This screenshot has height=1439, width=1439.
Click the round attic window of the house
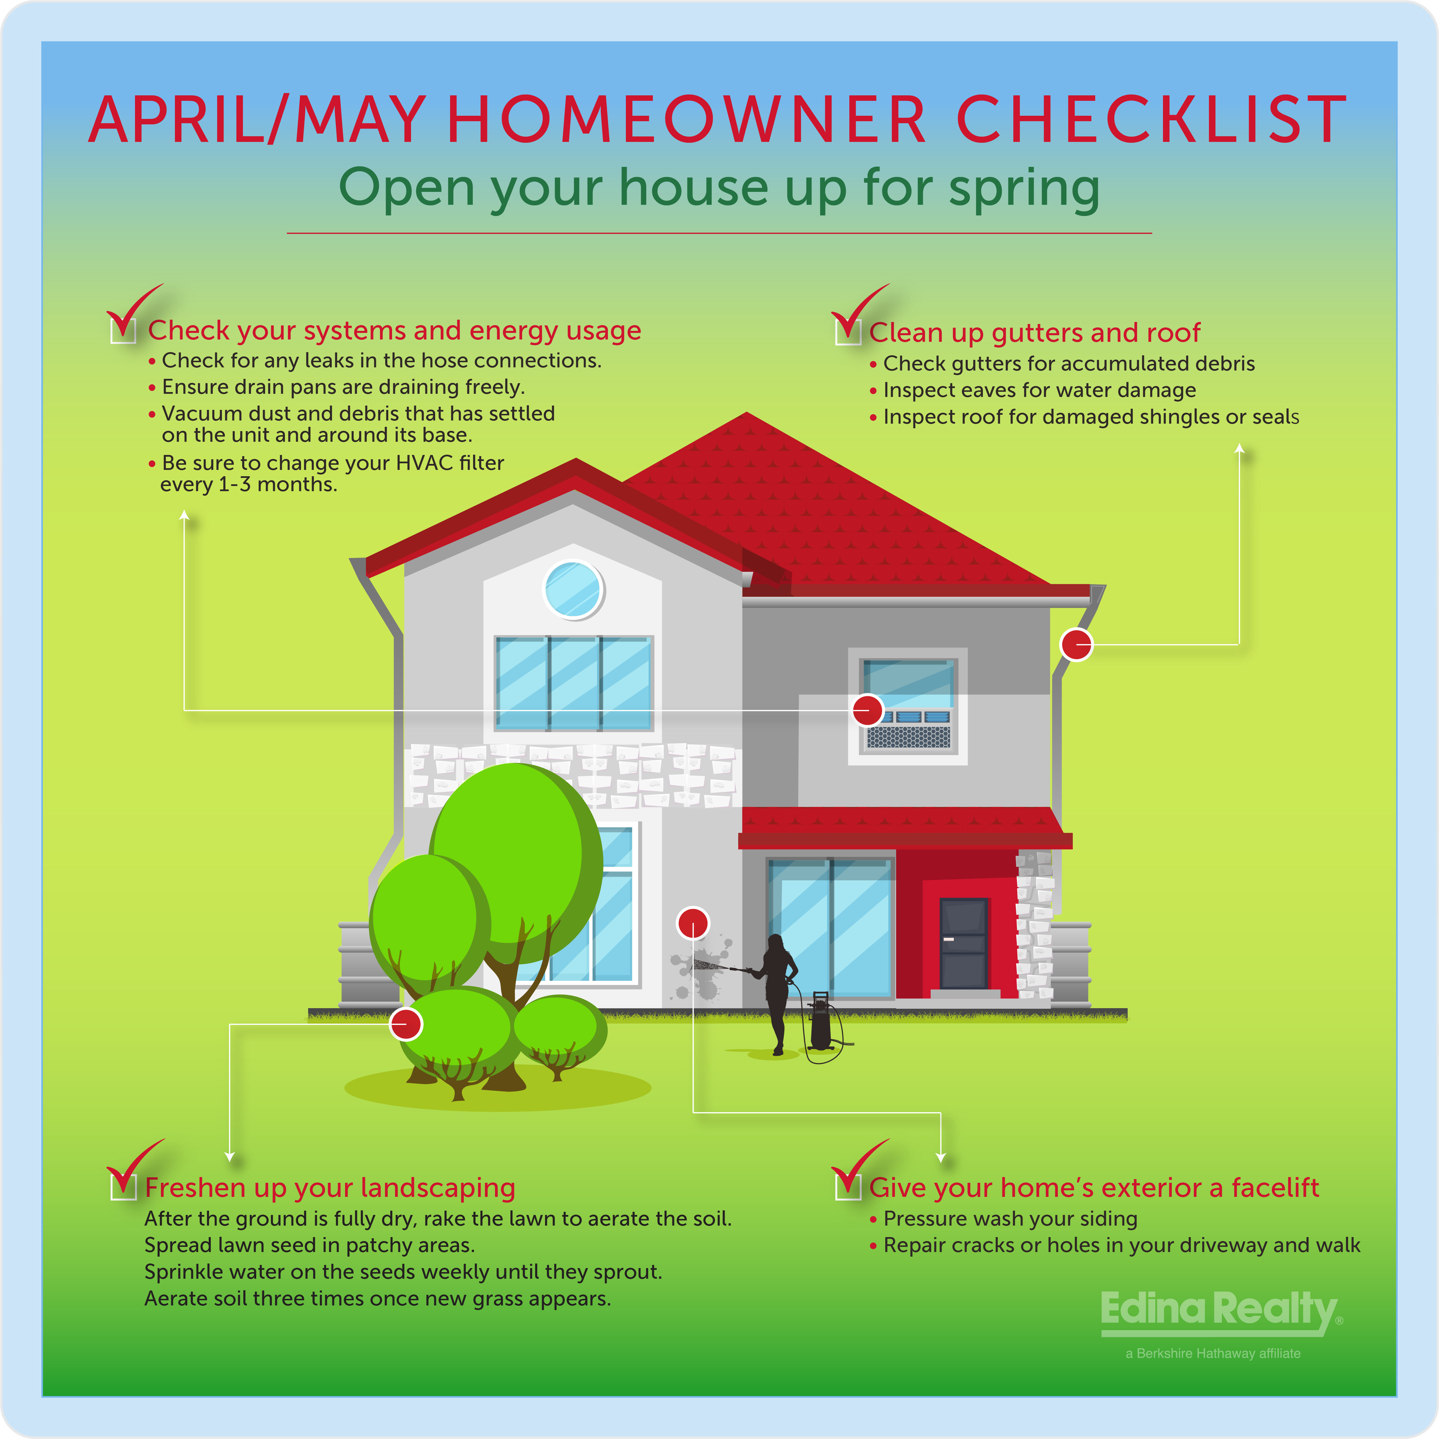(573, 590)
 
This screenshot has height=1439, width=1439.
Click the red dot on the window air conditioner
(868, 710)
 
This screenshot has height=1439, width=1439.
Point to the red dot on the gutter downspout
(1076, 644)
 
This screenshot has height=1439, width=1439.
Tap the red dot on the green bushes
(406, 1024)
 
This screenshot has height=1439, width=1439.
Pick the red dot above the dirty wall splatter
(693, 924)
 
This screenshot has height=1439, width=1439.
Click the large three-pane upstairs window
(574, 683)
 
